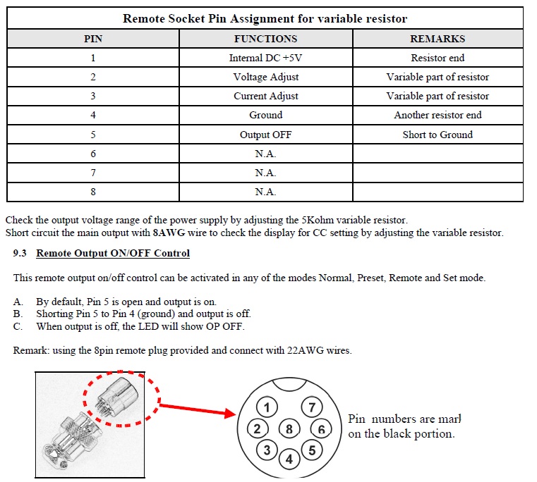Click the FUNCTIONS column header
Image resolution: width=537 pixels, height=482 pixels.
click(x=265, y=39)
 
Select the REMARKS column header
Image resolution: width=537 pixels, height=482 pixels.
click(x=438, y=39)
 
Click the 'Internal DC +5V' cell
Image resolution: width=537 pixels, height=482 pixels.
click(x=265, y=58)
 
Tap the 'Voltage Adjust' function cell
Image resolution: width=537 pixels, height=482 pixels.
click(x=265, y=77)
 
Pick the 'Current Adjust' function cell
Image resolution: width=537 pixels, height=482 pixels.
click(x=265, y=96)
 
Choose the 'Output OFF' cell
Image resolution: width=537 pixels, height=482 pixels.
click(x=265, y=135)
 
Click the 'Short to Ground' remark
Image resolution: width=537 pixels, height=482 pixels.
click(x=438, y=135)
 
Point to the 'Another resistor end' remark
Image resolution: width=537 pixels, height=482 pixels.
click(x=438, y=115)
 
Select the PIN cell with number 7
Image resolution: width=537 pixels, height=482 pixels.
click(x=92, y=173)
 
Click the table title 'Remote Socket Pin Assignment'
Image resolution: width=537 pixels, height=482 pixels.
click(x=265, y=18)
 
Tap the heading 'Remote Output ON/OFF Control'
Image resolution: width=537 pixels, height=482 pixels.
click(x=113, y=253)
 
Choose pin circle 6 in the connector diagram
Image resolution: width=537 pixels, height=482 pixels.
click(x=321, y=428)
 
